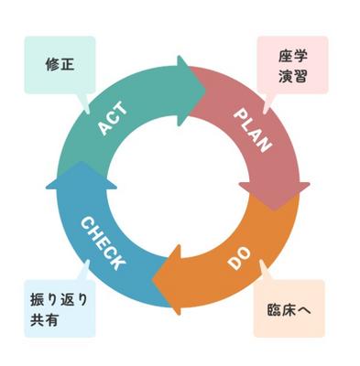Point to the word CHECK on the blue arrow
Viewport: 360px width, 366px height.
click(104, 242)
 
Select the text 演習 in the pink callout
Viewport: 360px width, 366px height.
click(290, 76)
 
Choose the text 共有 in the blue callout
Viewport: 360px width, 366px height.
click(43, 321)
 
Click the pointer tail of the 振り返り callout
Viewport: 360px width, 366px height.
click(84, 266)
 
